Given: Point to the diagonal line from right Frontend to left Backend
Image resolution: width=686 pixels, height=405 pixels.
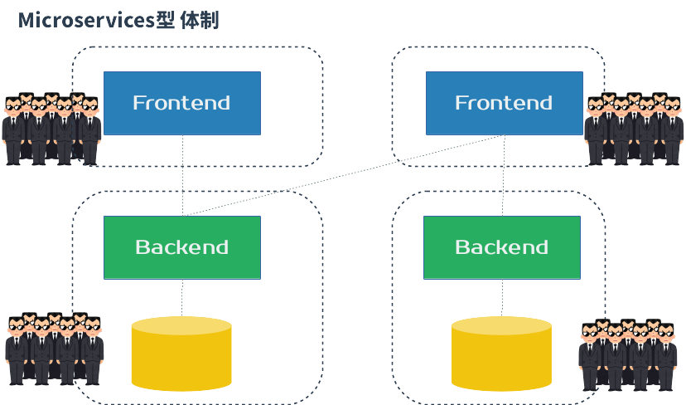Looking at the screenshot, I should [348, 174].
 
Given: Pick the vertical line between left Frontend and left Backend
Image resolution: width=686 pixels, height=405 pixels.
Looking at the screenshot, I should [182, 174].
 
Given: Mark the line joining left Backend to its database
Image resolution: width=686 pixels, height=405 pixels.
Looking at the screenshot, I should [182, 297].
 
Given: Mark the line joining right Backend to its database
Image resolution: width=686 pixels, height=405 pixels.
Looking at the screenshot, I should [502, 297].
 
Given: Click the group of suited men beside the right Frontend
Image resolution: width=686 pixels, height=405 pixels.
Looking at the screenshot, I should [635, 129].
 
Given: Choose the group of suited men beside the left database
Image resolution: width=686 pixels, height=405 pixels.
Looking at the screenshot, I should [54, 349].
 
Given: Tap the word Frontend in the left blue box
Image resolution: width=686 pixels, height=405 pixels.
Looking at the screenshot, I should [181, 103].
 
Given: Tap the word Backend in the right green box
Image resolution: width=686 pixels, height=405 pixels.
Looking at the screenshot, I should [502, 247].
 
